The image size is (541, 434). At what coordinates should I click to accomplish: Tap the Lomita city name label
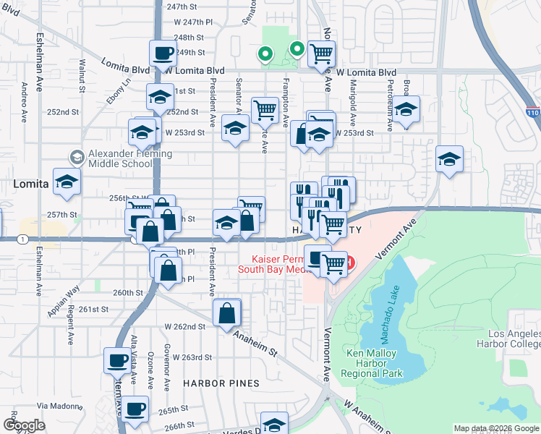click(30, 184)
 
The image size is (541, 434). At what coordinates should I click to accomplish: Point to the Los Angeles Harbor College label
click(508, 339)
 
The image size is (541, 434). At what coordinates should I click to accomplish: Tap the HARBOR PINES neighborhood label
click(210, 382)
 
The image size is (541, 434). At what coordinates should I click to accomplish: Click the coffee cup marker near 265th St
click(135, 409)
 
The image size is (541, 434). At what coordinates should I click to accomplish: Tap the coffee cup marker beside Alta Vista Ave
click(118, 359)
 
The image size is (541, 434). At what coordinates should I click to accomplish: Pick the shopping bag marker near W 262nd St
click(226, 313)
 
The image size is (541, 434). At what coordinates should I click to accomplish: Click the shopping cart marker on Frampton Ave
click(265, 110)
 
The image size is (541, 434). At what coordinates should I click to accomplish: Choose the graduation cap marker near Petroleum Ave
click(406, 111)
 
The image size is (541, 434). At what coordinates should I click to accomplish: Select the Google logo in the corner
click(24, 425)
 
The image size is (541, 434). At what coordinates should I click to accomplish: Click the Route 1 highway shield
click(25, 239)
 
